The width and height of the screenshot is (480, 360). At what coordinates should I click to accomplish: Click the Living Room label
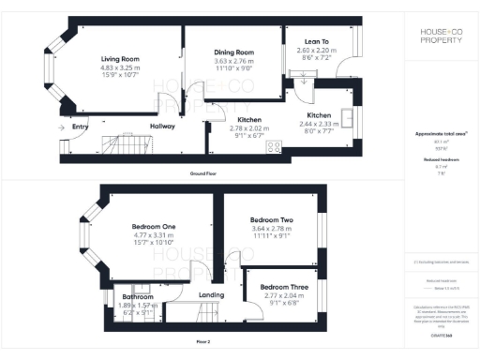point(120,59)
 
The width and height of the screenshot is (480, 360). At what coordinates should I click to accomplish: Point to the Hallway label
point(162,127)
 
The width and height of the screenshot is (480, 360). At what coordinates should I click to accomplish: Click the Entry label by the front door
point(80,127)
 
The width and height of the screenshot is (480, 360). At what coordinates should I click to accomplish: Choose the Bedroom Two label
point(272,220)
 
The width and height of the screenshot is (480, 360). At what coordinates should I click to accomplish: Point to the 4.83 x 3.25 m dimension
point(120,67)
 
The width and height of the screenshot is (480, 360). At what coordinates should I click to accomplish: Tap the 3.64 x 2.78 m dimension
point(272,229)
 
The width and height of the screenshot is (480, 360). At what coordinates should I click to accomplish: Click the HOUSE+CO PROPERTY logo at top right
point(441,37)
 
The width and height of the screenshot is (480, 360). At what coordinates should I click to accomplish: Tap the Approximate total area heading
point(440,135)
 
